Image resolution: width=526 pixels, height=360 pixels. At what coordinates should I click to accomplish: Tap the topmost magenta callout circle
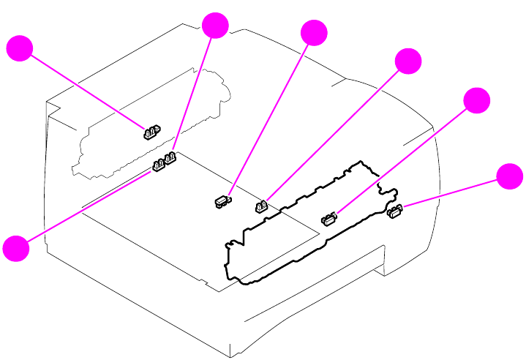point(215,26)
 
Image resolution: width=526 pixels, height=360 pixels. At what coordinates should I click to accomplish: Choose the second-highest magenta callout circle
point(314,33)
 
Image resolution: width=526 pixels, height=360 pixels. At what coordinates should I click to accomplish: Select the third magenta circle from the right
point(408,62)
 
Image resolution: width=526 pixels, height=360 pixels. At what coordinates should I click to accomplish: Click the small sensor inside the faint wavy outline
point(151,132)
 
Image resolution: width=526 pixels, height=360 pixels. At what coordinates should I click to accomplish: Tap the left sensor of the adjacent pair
point(158,167)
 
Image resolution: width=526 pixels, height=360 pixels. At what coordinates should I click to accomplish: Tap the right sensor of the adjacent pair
point(171,157)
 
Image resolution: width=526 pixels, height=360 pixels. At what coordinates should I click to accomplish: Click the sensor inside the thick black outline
point(328,217)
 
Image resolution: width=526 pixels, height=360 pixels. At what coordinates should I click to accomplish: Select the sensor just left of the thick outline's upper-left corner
point(260,205)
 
